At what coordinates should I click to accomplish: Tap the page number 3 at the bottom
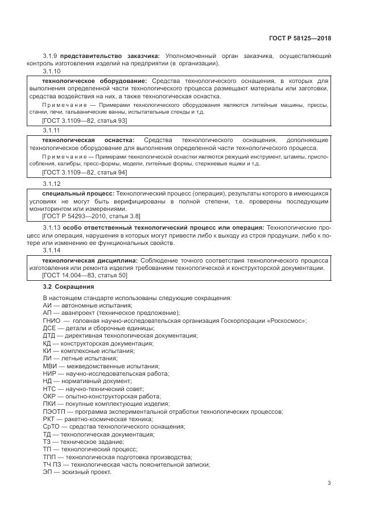[x=329, y=483]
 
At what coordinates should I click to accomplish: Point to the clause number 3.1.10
[x=51, y=72]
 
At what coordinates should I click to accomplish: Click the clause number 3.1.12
[x=51, y=184]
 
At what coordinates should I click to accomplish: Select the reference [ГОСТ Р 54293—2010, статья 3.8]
[x=83, y=217]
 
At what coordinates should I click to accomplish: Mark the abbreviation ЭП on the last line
[x=48, y=472]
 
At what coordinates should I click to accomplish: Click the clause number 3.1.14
[x=51, y=250]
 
